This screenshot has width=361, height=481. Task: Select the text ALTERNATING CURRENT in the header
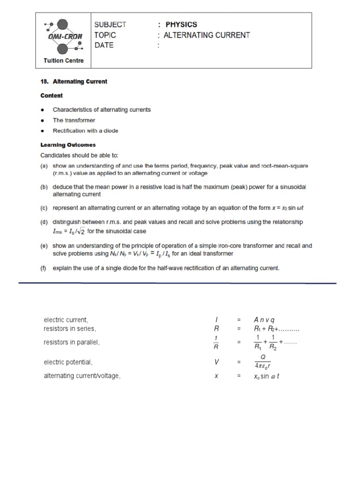[x=207, y=35]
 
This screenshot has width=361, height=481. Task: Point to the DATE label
[x=104, y=45]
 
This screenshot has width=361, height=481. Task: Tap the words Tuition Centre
[x=63, y=60]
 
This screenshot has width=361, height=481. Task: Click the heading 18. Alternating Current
[x=74, y=81]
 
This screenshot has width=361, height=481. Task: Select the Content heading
[x=51, y=95]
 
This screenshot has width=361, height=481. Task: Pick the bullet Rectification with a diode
[x=85, y=131]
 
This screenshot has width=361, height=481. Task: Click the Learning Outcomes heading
[x=68, y=145]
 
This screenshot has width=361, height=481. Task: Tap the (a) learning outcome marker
[x=44, y=166]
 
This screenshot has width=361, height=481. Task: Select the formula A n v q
[x=264, y=320]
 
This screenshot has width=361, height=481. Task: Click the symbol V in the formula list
[x=217, y=362]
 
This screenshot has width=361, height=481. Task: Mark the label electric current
[x=66, y=320]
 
